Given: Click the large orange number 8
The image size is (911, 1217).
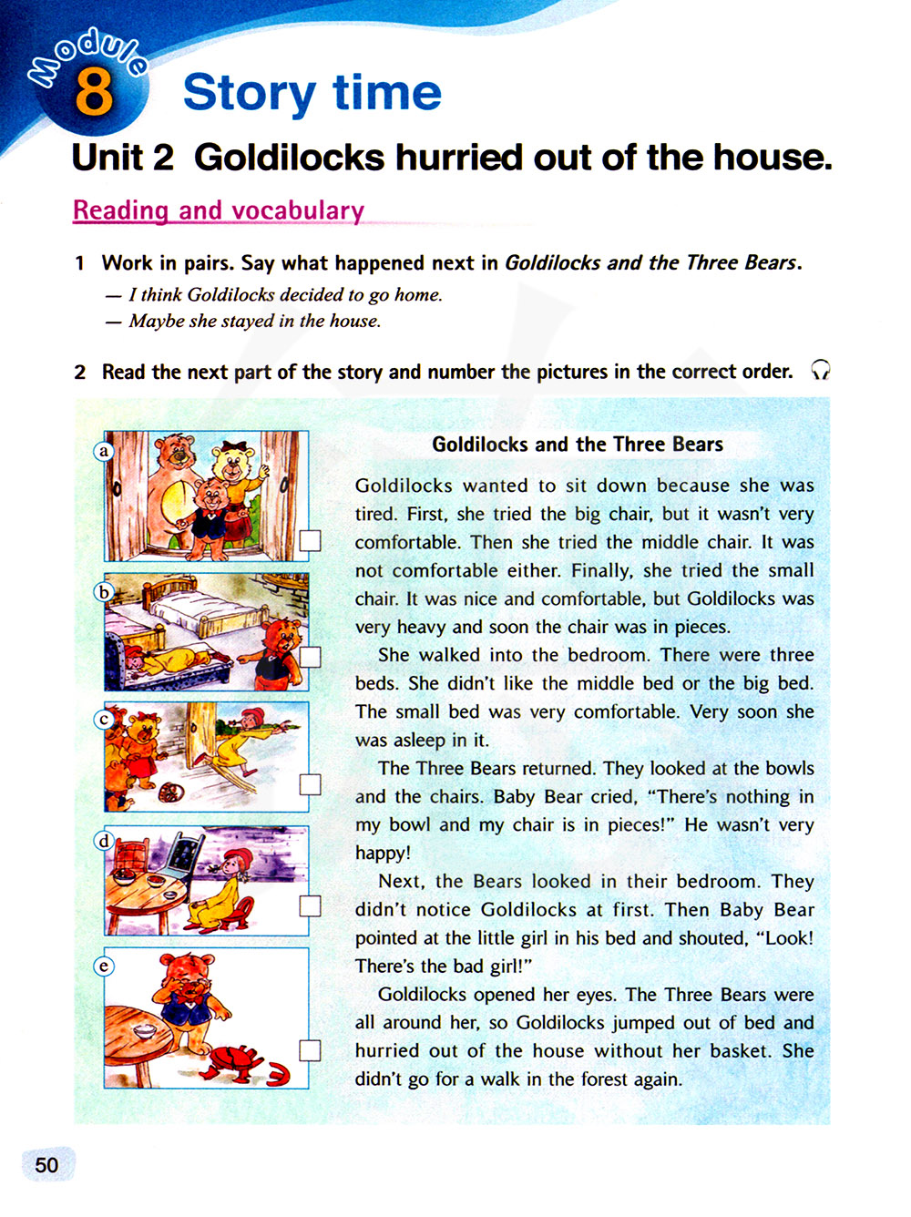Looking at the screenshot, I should click(94, 94).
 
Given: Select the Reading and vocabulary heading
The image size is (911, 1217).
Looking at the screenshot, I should click(219, 210).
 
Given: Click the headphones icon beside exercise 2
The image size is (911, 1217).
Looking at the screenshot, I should click(820, 370).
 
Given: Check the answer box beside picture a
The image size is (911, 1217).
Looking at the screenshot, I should click(311, 540).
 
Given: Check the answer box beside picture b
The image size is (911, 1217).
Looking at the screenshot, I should click(311, 657).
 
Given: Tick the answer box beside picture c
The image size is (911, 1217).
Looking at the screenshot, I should click(311, 783).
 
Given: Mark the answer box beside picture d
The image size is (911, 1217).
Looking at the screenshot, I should click(311, 905).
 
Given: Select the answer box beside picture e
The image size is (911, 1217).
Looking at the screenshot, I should click(311, 1050).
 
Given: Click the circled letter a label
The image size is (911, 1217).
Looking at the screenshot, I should click(104, 451).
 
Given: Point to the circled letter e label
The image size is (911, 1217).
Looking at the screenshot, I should click(104, 966).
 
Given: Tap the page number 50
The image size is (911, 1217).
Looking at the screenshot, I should click(46, 1165).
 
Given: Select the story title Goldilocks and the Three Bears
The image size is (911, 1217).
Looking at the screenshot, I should click(578, 445).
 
